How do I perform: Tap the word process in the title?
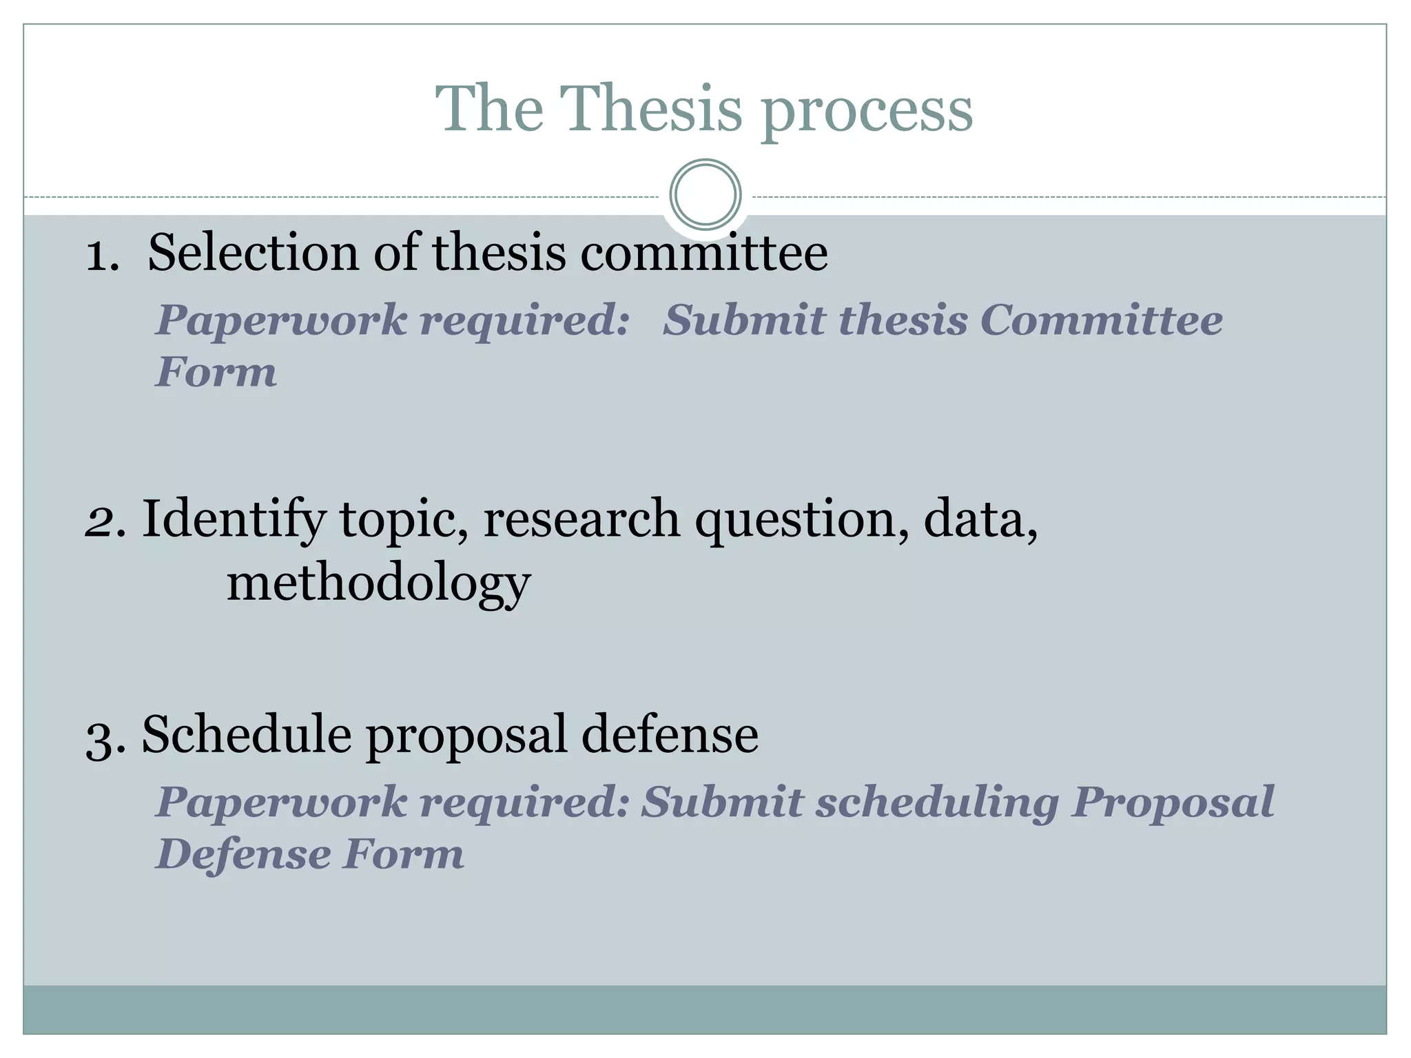pos(867,112)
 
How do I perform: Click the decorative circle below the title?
pos(705,194)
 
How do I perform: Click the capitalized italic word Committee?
pos(1101,320)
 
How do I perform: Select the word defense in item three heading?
pos(670,736)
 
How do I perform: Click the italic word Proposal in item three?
pos(1172,804)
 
